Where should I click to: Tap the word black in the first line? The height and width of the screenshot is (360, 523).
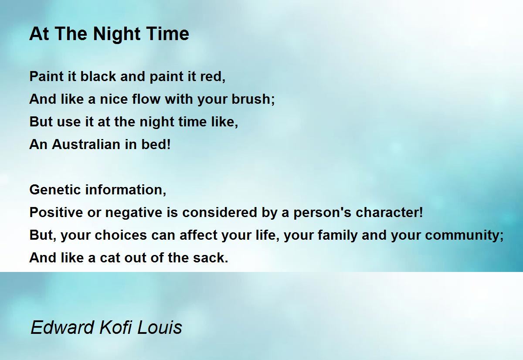(98, 76)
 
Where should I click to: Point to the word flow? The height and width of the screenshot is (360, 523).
(146, 99)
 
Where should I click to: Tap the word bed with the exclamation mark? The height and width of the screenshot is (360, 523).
(156, 144)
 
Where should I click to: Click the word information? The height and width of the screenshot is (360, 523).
(126, 190)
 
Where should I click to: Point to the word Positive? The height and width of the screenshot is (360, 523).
(56, 212)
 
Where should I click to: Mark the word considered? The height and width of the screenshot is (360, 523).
(220, 212)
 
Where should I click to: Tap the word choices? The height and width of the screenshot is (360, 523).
(121, 235)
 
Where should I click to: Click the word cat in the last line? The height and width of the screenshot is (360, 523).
(110, 258)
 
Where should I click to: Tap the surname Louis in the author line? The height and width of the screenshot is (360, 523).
(160, 327)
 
